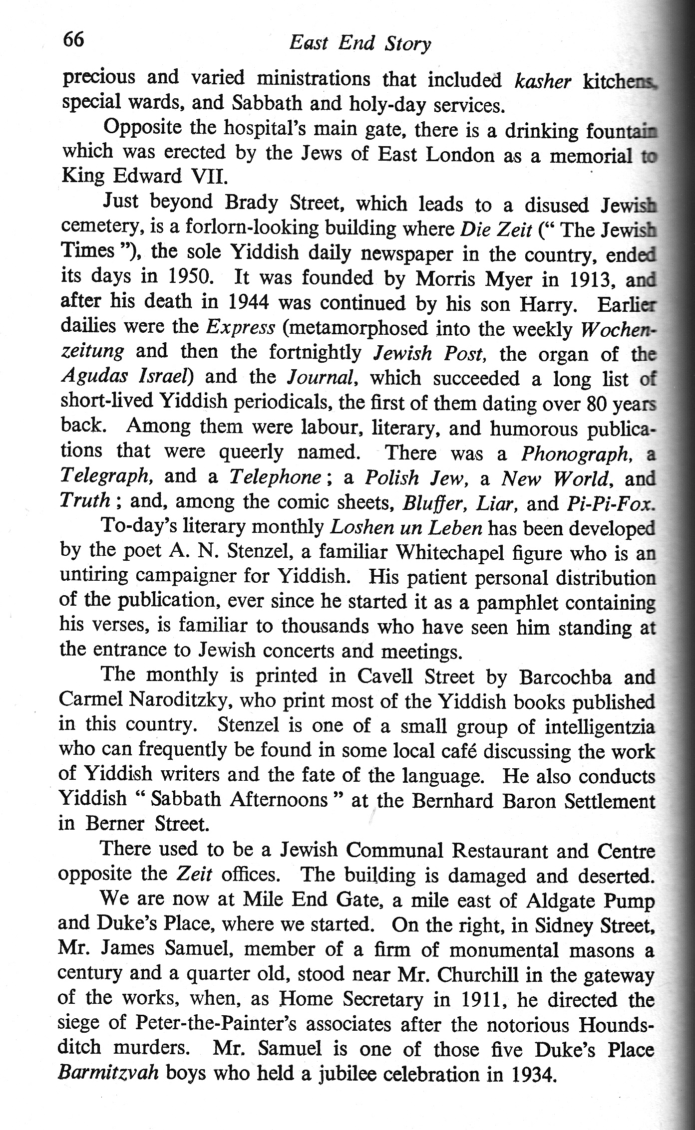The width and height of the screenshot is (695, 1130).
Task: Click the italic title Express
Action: tap(241, 327)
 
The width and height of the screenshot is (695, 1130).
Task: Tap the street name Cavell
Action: tap(388, 677)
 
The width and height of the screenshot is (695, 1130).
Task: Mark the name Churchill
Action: tap(468, 975)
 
